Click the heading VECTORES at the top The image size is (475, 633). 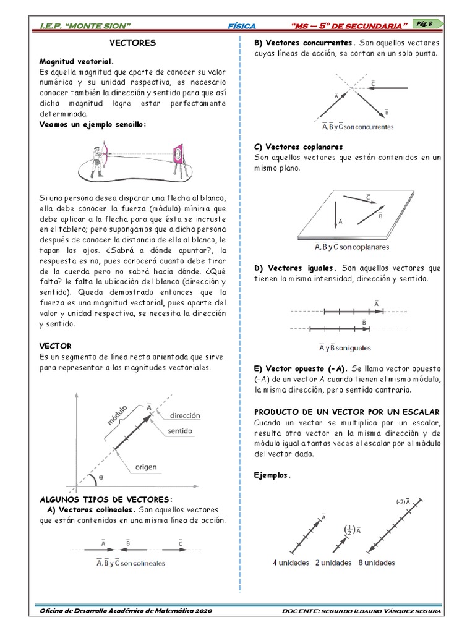pyautogui.click(x=132, y=43)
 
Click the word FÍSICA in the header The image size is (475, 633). pyautogui.click(x=242, y=25)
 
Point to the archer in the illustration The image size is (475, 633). pyautogui.click(x=98, y=157)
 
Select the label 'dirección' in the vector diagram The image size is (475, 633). pyautogui.click(x=185, y=416)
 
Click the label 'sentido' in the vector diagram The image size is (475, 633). pyautogui.click(x=181, y=430)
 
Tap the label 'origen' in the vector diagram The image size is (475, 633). pyautogui.click(x=146, y=467)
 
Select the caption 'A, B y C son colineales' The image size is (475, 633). pyautogui.click(x=131, y=563)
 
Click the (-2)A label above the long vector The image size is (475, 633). pyautogui.click(x=403, y=501)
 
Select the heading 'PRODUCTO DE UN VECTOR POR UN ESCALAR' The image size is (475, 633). pyautogui.click(x=347, y=412)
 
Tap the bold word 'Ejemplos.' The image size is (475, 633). pyautogui.click(x=273, y=475)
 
